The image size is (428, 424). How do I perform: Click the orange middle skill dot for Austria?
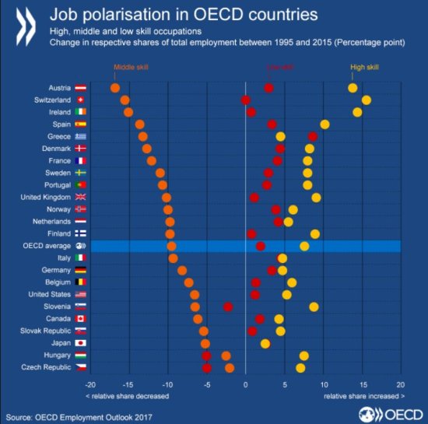coord(115,88)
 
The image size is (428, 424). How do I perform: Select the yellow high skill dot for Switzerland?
coord(367,100)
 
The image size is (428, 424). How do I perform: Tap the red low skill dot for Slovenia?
coord(228,307)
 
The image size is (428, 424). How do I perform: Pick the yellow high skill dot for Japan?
coord(265,343)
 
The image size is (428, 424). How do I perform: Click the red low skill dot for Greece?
coord(313,136)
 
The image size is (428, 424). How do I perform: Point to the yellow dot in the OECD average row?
coord(304,246)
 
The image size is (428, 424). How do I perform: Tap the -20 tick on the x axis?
coord(90,385)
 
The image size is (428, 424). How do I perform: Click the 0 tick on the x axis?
coord(245,385)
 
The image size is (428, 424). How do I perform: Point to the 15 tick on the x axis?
coord(362,385)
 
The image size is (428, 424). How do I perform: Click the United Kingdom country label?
coord(47,198)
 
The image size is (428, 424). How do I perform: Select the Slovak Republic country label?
coord(47,331)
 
